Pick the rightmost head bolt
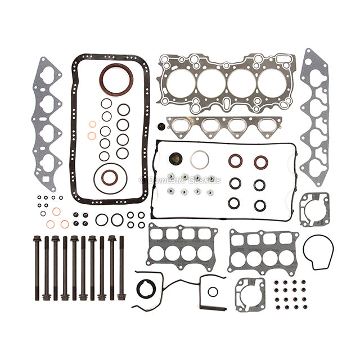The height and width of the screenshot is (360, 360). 121,268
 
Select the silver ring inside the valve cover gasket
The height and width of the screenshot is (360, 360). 199,160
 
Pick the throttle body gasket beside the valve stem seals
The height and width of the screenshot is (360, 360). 250,292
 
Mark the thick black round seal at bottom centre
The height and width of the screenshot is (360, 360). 146,288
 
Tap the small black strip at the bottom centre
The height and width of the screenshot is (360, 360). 214,307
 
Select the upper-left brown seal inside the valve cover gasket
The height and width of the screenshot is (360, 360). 235,161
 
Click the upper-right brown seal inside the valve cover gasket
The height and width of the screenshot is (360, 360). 260,162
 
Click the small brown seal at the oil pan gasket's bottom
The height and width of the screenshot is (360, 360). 110,178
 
